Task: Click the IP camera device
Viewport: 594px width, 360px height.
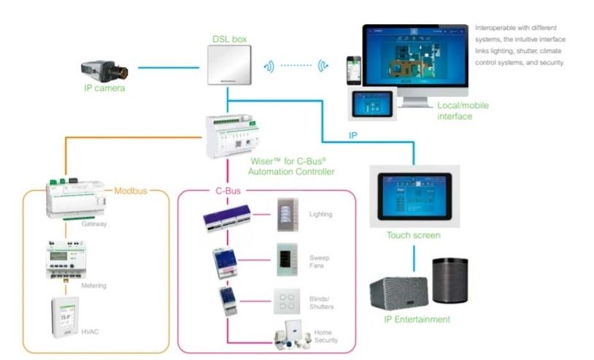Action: point(106,69)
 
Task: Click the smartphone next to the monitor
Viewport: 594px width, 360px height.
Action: point(354,69)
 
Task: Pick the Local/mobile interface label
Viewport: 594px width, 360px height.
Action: point(463,111)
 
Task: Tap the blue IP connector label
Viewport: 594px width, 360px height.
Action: point(352,136)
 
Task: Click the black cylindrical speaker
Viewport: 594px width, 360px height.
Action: point(450,280)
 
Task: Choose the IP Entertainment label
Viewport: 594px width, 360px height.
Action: point(417,319)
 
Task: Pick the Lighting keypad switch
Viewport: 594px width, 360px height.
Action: point(288,214)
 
